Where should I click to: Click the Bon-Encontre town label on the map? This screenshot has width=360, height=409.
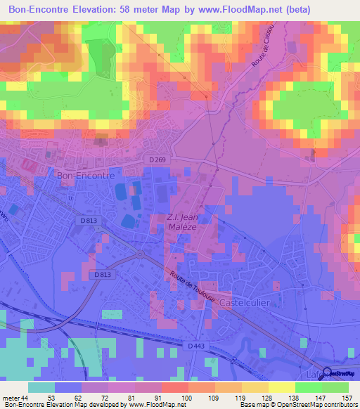point(85,176)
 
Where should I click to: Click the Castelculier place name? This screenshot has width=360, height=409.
point(247,302)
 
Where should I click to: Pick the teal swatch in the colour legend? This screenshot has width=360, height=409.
point(41,387)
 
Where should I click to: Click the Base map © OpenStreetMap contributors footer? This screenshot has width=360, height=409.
point(297,405)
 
